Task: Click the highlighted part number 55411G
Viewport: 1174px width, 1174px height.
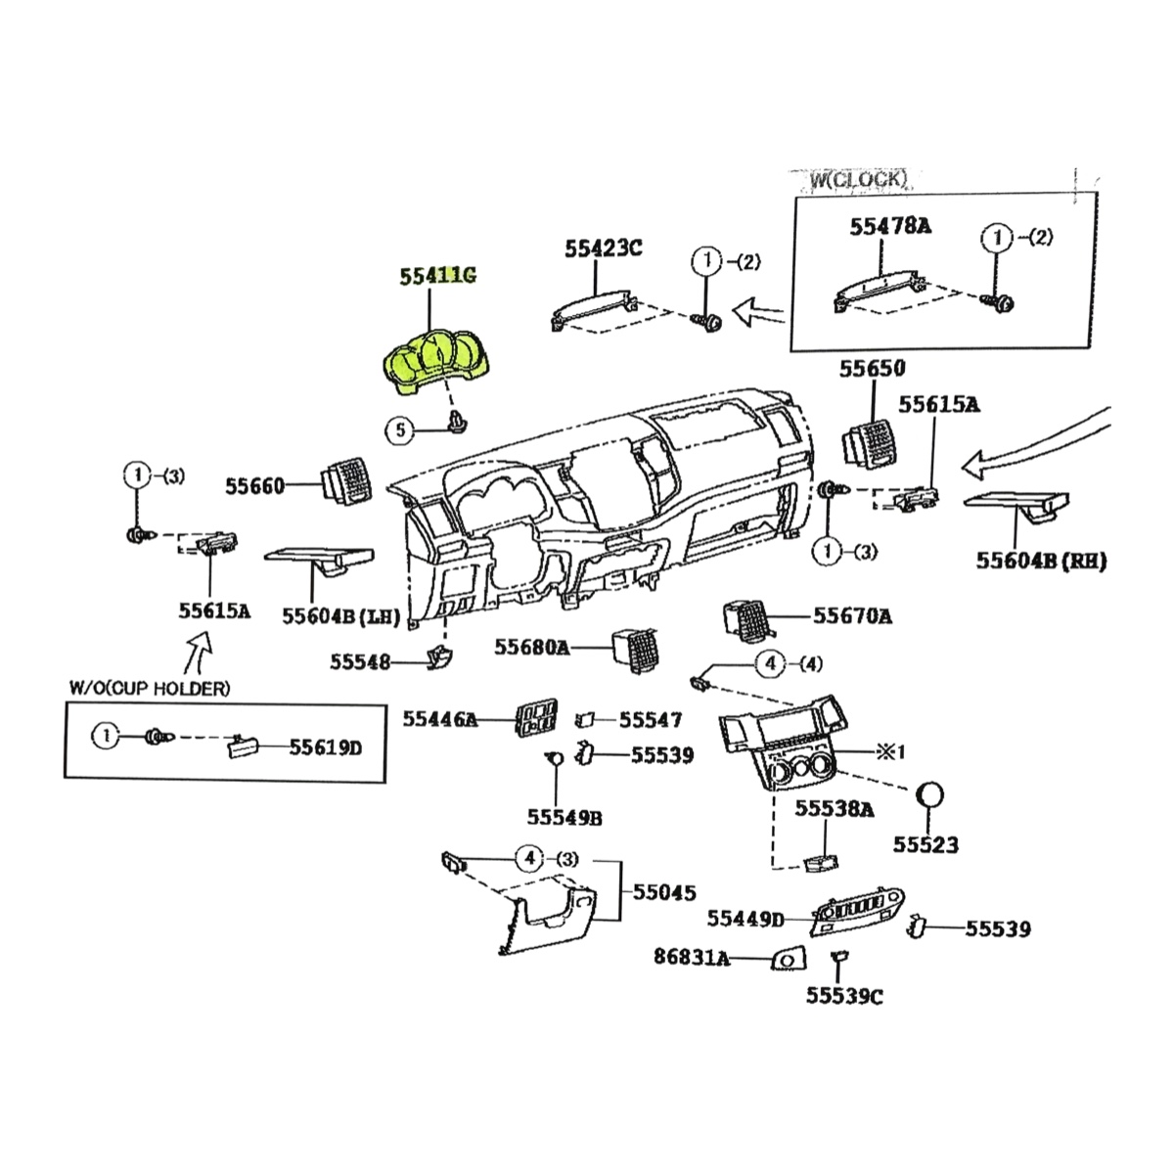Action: coord(437,276)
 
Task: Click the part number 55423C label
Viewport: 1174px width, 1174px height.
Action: coord(603,248)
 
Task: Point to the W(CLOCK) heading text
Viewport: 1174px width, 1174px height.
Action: coord(858,179)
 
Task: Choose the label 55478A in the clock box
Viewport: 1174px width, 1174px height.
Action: coord(890,226)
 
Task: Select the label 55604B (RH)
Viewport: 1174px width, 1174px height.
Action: coord(1041,562)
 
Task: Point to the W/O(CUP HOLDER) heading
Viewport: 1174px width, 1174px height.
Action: coord(150,688)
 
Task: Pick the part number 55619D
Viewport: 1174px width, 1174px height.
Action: coord(325,748)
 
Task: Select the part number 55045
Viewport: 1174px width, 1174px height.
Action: coord(664,892)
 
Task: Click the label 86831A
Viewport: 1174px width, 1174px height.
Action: coord(692,957)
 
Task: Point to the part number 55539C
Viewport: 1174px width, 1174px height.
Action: coord(844,996)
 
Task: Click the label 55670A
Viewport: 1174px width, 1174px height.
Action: coord(852,615)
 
